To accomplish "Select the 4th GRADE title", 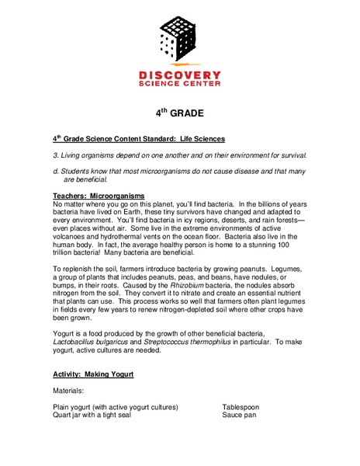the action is point(179,113).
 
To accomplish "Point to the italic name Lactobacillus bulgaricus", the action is point(91,342).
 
